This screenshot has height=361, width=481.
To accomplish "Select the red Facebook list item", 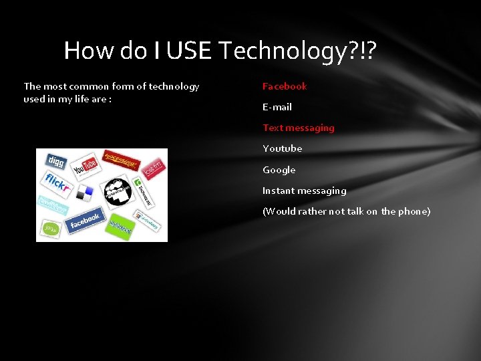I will [285, 86].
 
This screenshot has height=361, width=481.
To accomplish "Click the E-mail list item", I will [277, 107].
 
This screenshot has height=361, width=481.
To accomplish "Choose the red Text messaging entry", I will [298, 128].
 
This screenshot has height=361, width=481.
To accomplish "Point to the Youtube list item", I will [282, 148].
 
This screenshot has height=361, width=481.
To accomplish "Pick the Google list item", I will [279, 170].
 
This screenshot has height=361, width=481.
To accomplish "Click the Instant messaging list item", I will [304, 191].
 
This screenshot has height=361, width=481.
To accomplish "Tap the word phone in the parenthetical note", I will [414, 211].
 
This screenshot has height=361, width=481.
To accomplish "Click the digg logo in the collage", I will [54, 160].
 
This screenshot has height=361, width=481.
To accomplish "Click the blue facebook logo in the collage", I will [84, 219].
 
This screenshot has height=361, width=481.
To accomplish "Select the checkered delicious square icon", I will [85, 193].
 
